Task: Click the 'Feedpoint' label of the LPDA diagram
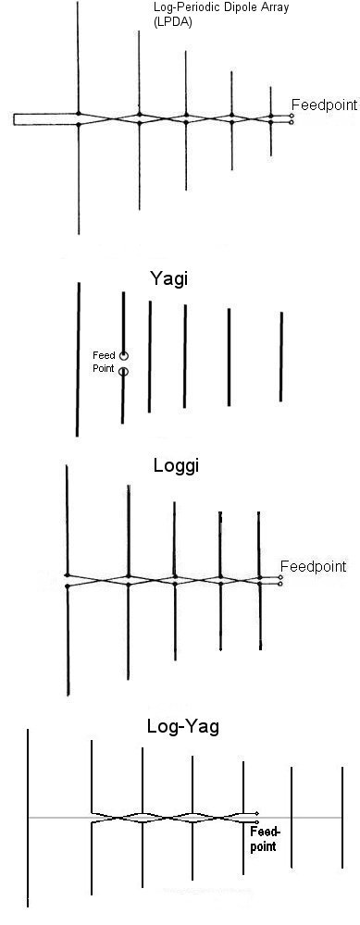[x=323, y=105]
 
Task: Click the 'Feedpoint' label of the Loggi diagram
[x=313, y=566]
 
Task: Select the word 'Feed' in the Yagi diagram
[x=104, y=355]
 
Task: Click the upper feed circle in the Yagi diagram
[x=124, y=355]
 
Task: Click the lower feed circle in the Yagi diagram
[x=124, y=372]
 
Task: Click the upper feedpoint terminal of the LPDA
[x=292, y=116]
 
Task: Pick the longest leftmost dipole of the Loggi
[x=68, y=578]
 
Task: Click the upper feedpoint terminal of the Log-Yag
[x=256, y=813]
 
